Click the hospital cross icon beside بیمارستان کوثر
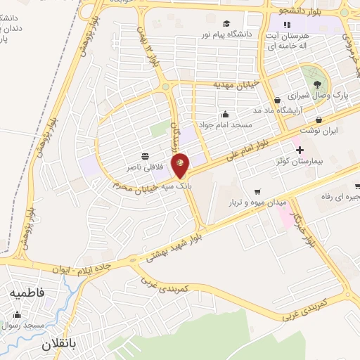300,150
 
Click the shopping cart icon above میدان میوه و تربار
257,191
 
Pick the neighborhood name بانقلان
56,345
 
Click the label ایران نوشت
320,131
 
